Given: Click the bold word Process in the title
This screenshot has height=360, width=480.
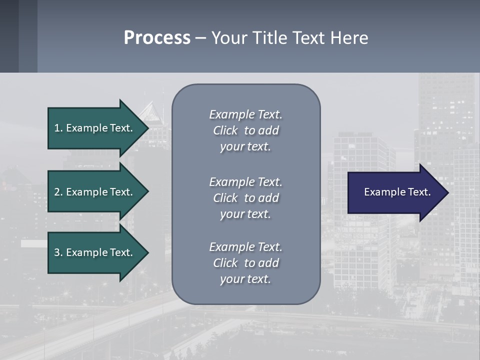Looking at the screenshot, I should point(157,38).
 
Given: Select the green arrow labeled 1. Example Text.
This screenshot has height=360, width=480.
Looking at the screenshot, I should point(95,128).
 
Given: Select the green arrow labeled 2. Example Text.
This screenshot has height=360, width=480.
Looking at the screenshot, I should point(95,192).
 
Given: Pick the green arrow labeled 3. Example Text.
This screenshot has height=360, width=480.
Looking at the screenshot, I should point(95,252).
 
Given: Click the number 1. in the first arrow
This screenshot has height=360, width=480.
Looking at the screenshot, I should point(58,128).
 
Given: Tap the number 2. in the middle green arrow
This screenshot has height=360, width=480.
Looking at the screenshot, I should point(58,192).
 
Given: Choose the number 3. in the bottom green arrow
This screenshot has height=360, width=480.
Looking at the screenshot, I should point(58,252).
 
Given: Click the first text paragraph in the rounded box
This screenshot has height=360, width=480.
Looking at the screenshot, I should point(245,130).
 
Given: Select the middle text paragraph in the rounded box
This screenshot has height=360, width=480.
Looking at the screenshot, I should point(245,198).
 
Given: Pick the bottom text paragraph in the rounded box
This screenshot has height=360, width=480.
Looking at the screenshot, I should point(245,263).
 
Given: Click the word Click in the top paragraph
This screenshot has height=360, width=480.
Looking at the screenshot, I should point(225,130).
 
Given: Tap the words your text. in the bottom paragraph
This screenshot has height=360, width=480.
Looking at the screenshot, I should point(245,279).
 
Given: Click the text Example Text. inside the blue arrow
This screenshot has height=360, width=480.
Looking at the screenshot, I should point(397,192).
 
